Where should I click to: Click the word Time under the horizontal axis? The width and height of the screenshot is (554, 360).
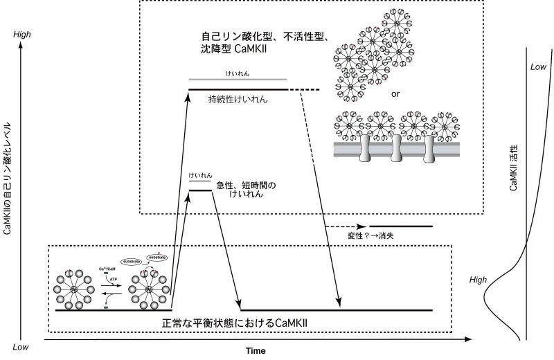click(256, 350)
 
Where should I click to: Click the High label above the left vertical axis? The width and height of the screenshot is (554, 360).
click(22, 32)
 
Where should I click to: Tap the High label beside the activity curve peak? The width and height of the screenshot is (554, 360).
click(478, 280)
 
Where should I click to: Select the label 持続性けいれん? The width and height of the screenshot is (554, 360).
click(238, 99)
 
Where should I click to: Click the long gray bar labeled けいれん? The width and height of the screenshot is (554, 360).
click(238, 80)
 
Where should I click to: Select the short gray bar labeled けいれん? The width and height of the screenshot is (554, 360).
click(200, 182)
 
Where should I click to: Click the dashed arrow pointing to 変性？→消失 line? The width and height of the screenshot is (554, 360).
click(344, 226)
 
